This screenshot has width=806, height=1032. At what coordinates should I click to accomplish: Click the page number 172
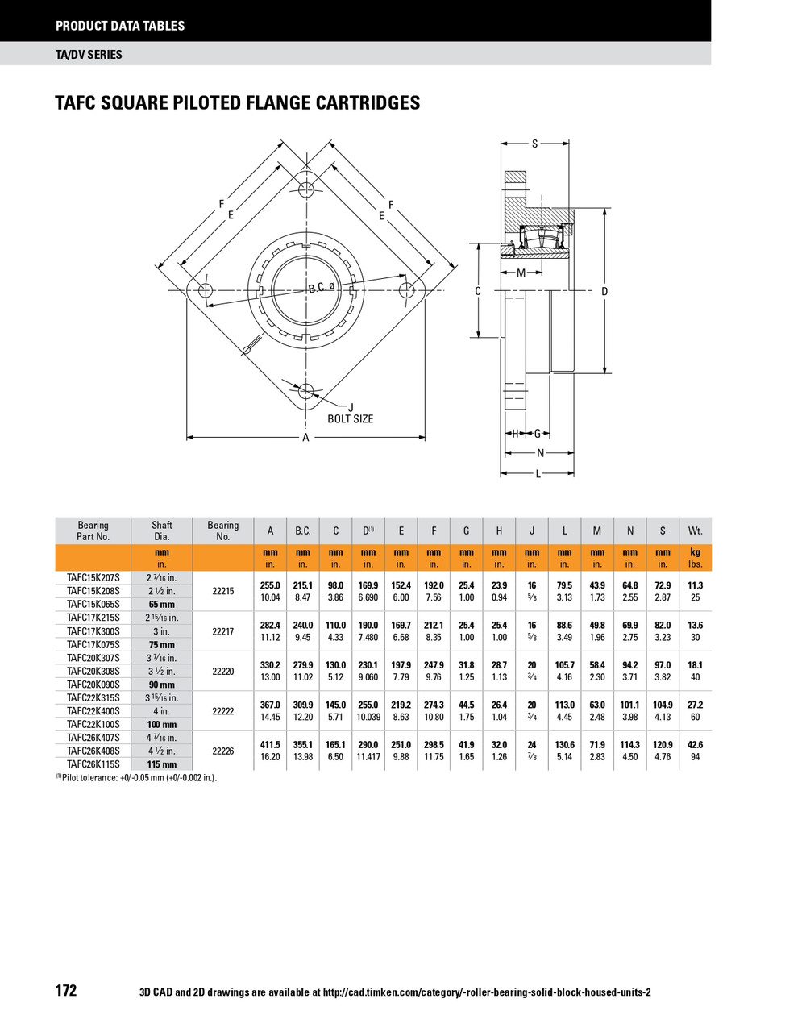point(66,991)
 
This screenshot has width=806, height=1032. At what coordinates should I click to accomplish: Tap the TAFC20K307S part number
point(93,658)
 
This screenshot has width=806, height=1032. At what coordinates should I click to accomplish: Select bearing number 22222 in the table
point(222,711)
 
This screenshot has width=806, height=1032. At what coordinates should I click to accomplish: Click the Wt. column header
point(695,531)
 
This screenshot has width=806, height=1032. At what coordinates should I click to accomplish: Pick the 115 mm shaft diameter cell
point(161,764)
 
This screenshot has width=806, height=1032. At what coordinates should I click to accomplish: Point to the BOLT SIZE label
point(351,419)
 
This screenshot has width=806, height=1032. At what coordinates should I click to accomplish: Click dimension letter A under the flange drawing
point(305,438)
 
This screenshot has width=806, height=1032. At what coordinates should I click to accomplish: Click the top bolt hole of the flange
point(305,189)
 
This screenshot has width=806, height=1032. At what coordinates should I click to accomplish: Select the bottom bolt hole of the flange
point(305,392)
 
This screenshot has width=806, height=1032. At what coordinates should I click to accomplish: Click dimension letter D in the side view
point(604,291)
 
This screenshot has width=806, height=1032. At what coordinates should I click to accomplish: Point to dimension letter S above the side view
point(535,144)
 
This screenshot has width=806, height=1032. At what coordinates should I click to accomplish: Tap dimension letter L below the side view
point(538,474)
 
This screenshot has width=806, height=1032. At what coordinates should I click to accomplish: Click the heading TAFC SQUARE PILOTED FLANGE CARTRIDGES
point(238,103)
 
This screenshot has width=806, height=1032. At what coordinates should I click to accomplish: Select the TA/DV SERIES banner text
point(89,54)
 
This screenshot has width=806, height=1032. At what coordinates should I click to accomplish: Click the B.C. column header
point(302,531)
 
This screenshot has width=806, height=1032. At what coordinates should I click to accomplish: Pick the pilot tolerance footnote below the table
point(137,778)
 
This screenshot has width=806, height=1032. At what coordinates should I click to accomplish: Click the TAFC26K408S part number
point(93,751)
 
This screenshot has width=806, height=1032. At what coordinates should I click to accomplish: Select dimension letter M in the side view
point(521,273)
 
